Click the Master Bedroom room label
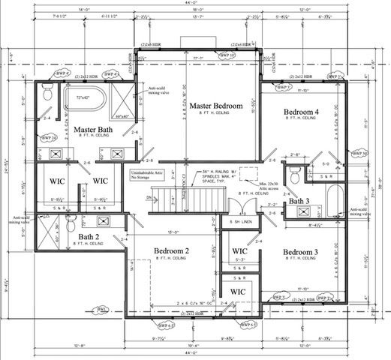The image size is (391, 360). tap(215, 106)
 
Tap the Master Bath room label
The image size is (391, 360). tap(93, 130)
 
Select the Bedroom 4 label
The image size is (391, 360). tap(302, 112)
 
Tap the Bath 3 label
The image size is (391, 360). tap(299, 201)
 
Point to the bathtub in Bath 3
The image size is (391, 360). tap(332, 201)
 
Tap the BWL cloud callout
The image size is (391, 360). tap(102, 308)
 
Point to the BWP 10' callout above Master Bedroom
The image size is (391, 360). tap(226, 55)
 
